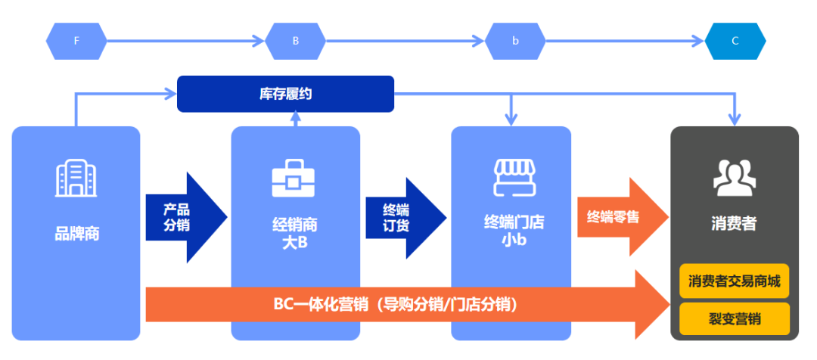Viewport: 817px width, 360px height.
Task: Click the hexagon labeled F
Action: pyautogui.click(x=76, y=41)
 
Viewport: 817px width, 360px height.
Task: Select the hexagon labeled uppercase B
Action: pyautogui.click(x=296, y=41)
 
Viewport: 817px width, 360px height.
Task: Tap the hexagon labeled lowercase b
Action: pyautogui.click(x=515, y=41)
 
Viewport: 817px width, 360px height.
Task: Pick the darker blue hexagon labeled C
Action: pyautogui.click(x=735, y=41)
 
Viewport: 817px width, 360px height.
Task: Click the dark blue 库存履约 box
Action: pyautogui.click(x=285, y=94)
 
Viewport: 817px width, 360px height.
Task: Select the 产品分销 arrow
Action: pyautogui.click(x=182, y=218)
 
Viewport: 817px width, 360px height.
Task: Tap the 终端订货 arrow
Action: pyautogui.click(x=401, y=218)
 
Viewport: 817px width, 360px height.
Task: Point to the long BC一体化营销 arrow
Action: pyautogui.click(x=401, y=305)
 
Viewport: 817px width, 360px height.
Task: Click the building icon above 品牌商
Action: pyautogui.click(x=76, y=179)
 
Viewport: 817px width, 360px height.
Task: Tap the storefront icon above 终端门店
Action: pyautogui.click(x=514, y=178)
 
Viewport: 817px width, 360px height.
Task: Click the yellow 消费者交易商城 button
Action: pyautogui.click(x=734, y=281)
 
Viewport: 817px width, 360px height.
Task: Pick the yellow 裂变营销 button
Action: pyautogui.click(x=734, y=319)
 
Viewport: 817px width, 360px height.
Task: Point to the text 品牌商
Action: pyautogui.click(x=76, y=234)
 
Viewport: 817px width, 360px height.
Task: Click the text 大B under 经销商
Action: pyautogui.click(x=294, y=243)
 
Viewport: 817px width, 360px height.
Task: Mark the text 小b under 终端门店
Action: pyautogui.click(x=514, y=243)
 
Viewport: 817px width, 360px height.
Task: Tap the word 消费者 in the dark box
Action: pyautogui.click(x=734, y=225)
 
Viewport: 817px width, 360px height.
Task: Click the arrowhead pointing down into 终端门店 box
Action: pyautogui.click(x=512, y=118)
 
